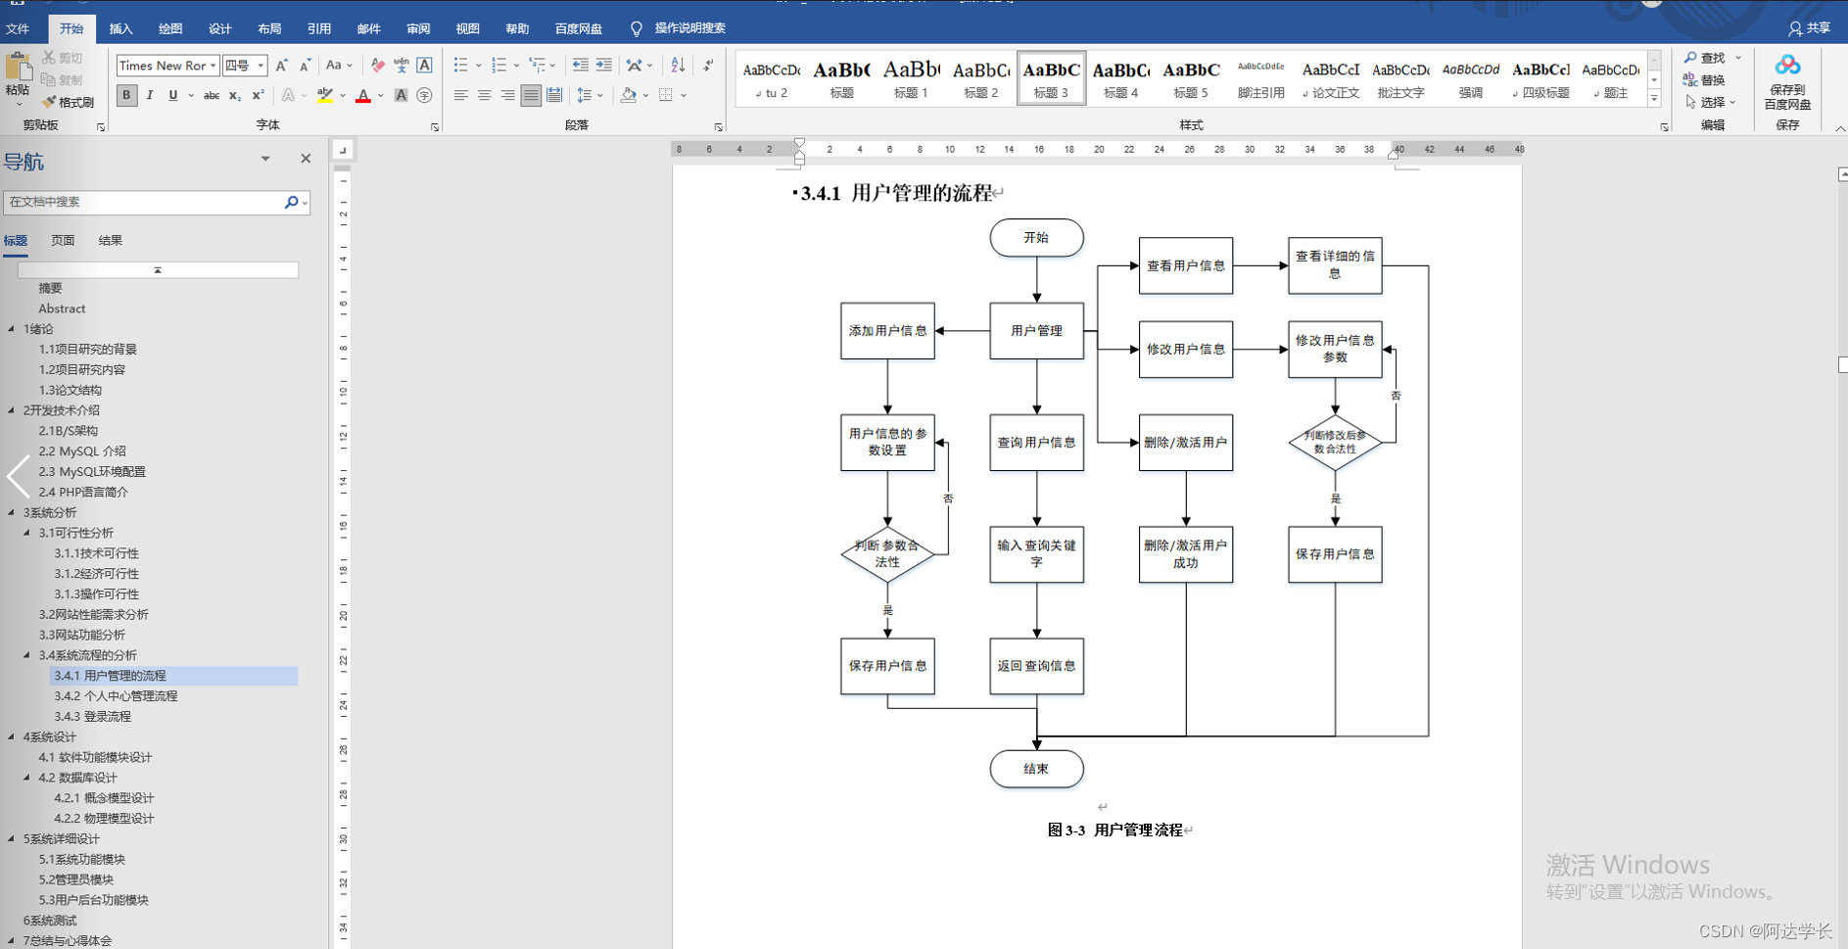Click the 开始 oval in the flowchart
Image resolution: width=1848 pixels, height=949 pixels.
tap(1036, 238)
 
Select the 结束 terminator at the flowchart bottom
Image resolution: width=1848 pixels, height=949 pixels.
tap(1036, 769)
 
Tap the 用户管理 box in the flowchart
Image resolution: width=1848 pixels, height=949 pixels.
tap(1036, 331)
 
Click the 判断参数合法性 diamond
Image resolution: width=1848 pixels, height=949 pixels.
tap(887, 554)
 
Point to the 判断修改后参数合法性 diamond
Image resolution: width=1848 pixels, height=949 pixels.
tap(1335, 443)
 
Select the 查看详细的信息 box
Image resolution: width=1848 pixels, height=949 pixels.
tap(1335, 265)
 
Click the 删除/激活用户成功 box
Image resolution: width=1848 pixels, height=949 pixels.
tap(1185, 554)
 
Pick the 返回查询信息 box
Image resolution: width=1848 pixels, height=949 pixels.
tap(1036, 666)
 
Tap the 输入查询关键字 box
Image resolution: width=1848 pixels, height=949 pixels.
tap(1036, 554)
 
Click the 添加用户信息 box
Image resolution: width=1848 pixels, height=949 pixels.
tap(887, 331)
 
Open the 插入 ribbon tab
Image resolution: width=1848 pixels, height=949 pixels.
tap(120, 28)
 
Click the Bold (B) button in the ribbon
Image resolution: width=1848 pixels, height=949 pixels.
tap(126, 95)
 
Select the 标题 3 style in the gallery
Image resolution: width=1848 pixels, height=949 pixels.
tap(1051, 78)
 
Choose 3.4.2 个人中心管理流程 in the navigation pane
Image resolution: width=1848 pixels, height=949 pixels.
tap(116, 696)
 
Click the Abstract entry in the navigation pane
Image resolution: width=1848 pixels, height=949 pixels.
tap(62, 308)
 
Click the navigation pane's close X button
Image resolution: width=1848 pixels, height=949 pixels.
tap(306, 159)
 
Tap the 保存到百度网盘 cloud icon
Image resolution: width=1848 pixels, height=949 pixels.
tap(1787, 67)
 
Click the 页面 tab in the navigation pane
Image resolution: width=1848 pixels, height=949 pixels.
tap(63, 240)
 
